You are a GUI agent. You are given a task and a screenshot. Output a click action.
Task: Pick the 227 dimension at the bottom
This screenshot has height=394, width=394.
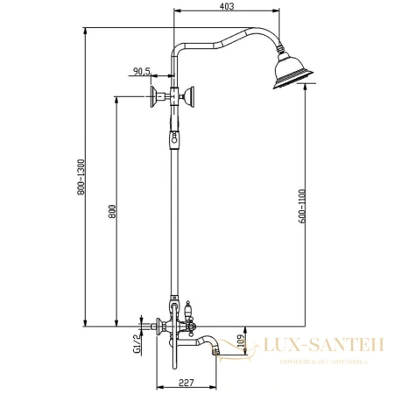click(x=185, y=381)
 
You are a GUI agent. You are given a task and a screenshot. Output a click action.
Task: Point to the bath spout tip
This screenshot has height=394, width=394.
click(x=215, y=350)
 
